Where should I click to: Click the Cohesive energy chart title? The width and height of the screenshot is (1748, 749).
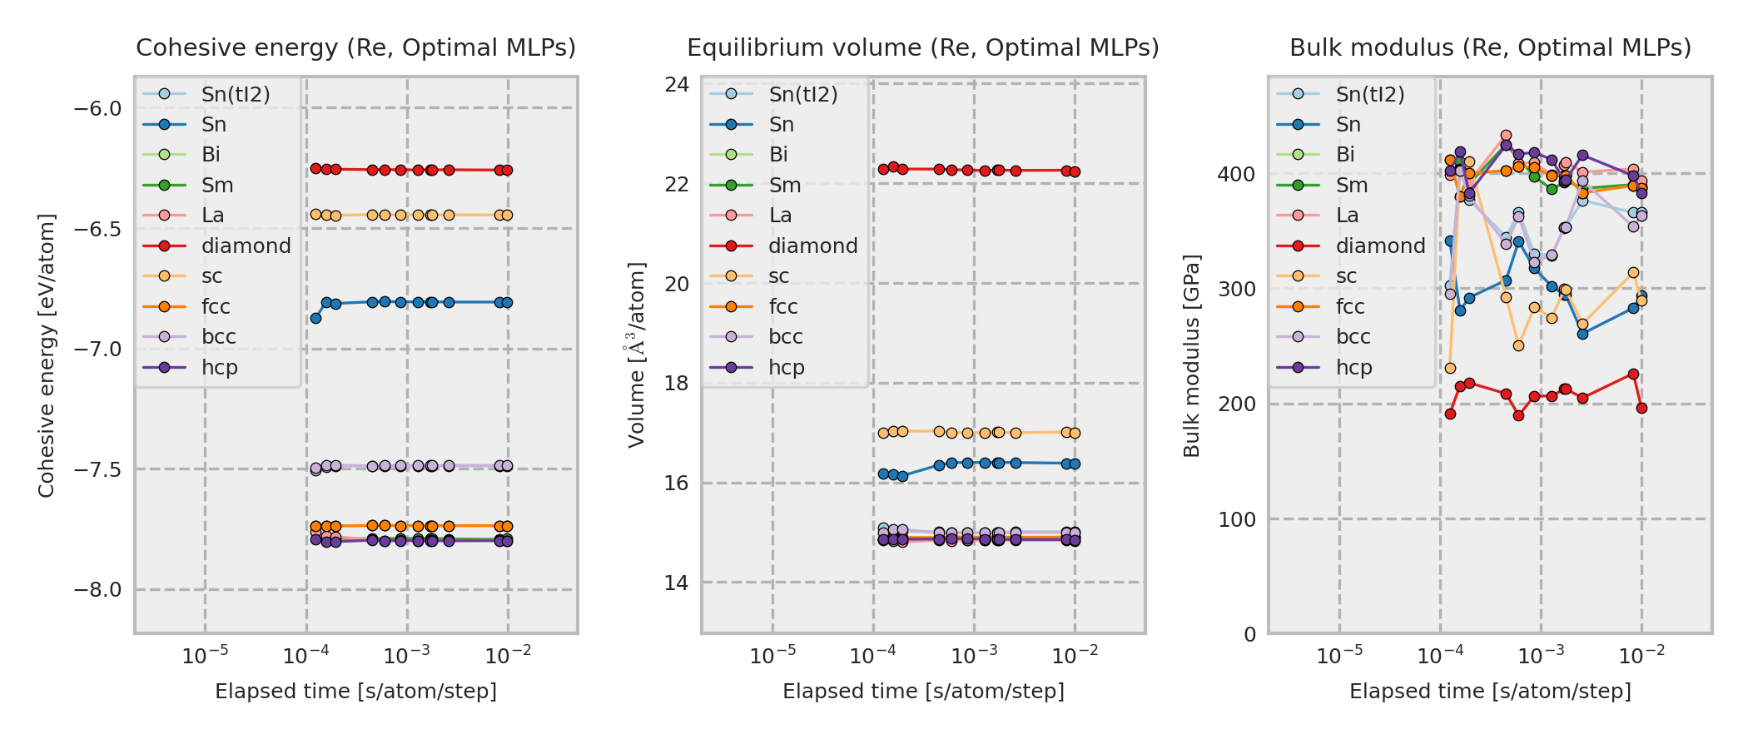[355, 48]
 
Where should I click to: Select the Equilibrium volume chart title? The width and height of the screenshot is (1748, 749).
[922, 48]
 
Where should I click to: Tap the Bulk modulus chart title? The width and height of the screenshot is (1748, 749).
[1490, 48]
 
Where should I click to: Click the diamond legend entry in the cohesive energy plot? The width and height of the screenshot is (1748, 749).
[246, 246]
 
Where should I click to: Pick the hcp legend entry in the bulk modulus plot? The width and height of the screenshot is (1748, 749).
[1353, 368]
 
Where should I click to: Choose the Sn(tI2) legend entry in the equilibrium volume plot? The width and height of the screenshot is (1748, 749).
[803, 95]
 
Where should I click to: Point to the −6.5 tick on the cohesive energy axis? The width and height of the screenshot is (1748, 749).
[97, 229]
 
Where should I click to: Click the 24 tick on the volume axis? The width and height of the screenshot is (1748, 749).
[678, 84]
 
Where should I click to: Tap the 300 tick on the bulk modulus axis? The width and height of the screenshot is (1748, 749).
[1236, 290]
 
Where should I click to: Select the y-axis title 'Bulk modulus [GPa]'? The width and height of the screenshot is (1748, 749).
[1191, 355]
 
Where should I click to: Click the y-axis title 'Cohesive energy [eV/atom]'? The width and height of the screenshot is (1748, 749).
[47, 355]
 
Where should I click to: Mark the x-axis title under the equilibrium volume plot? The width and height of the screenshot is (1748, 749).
[923, 692]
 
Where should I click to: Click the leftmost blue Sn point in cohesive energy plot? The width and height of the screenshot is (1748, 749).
[315, 318]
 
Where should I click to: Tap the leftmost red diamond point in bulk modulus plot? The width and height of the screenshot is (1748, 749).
[1450, 414]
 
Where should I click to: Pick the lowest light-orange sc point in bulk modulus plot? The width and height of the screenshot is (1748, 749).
[1450, 368]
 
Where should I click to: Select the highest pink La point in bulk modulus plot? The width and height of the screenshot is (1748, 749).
[1506, 136]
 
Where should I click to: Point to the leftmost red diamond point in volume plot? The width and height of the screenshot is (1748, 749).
[883, 169]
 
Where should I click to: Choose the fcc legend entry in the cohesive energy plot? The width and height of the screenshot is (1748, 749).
[216, 307]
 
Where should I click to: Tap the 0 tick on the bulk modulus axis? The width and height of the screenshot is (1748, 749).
[1249, 635]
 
